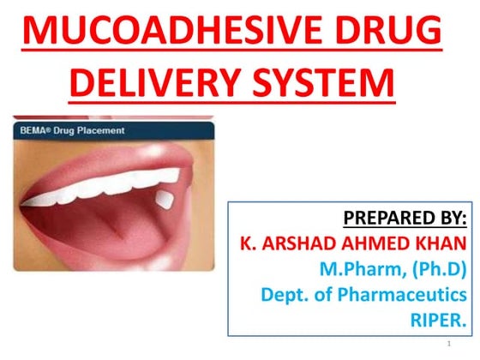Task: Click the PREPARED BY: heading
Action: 403,215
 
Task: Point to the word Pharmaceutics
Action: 409,296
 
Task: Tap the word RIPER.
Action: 441,321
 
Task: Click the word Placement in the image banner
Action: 100,131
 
